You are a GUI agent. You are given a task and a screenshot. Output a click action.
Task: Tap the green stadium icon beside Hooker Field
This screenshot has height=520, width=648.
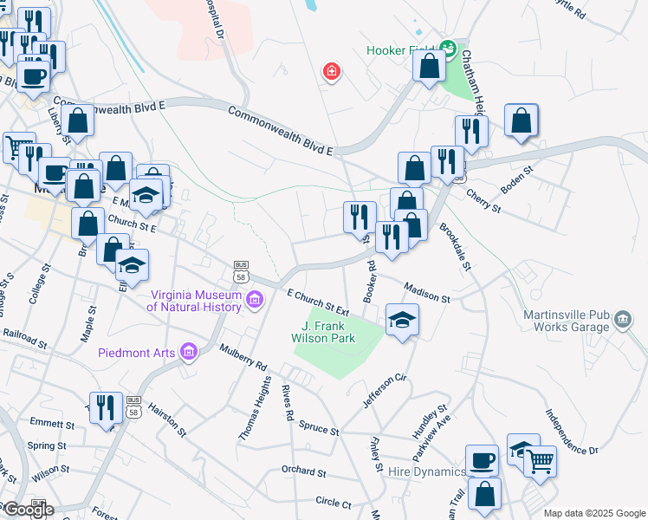pos(448,48)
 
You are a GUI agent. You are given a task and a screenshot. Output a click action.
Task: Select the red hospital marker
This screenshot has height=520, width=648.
pos(330,71)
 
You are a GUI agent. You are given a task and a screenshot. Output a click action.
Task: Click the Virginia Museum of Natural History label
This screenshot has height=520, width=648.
pos(194,300)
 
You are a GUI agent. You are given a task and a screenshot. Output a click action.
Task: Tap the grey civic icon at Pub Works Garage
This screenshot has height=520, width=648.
pos(622,321)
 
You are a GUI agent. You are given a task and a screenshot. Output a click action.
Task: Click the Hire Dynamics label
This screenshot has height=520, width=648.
pos(427,471)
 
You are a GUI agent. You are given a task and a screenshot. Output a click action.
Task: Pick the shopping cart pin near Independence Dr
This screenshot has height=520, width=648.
pos(540,462)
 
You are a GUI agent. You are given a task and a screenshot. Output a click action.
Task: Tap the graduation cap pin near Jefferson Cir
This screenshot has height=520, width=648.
pos(402,320)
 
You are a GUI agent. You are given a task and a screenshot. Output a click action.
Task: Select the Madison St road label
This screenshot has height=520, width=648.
pos(427,292)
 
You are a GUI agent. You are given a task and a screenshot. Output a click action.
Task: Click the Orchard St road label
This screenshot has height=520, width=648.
pos(303,473)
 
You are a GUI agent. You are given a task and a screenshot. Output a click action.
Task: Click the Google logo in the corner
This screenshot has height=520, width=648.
pos(28,510)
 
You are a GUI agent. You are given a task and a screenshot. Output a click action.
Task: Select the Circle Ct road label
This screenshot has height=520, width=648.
pos(334,503)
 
